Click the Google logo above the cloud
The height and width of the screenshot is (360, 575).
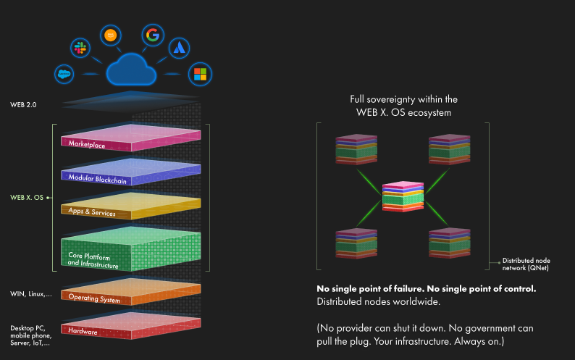point(151,34)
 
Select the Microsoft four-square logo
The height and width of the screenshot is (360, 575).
point(199,74)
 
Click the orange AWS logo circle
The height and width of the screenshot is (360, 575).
point(110,34)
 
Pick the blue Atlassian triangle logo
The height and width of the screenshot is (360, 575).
point(179,48)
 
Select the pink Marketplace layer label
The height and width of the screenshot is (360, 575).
point(86,144)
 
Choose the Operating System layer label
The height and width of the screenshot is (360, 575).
point(94,297)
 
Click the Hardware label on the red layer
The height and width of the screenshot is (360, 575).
point(83,331)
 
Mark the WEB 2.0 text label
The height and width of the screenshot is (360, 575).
point(23,105)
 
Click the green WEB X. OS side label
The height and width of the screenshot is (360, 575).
point(28,196)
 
